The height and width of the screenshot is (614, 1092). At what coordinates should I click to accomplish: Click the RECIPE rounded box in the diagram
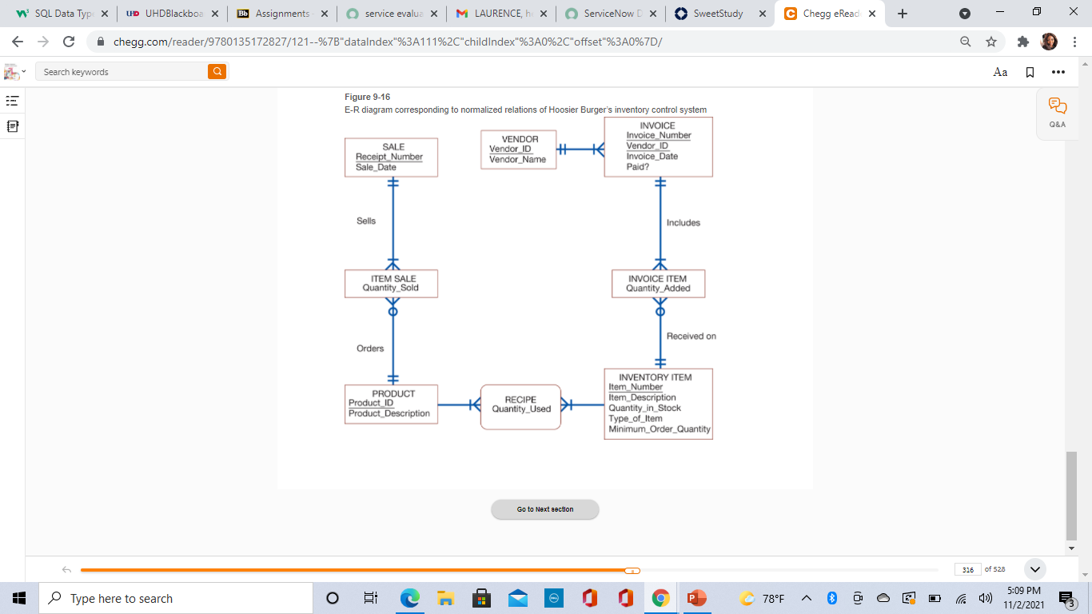[520, 407]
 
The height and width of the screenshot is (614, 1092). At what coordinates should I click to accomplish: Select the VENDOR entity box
[518, 150]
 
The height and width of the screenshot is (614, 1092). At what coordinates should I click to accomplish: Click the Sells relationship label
[366, 221]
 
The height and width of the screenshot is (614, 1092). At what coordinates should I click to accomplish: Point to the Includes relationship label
[683, 222]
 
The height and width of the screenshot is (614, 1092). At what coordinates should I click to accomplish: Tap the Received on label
[691, 336]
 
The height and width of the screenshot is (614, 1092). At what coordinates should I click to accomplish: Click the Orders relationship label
[370, 349]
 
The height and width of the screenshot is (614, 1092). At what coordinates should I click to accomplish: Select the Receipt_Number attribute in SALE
[389, 157]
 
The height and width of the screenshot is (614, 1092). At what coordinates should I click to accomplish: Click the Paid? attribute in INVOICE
[638, 167]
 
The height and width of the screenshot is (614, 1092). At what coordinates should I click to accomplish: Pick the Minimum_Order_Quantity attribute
[659, 429]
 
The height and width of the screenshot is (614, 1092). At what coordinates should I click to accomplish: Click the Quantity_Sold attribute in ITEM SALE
[390, 288]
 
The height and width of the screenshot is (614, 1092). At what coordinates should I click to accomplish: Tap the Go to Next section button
[545, 509]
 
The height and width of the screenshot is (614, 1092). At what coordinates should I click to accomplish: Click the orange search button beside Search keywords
[217, 72]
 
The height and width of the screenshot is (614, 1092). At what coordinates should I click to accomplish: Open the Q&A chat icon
[1058, 113]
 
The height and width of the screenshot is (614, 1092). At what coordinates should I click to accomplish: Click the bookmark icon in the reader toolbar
[1030, 72]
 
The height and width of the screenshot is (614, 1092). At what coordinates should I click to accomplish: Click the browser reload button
[69, 42]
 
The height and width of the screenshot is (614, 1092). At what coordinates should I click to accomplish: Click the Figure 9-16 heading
[367, 97]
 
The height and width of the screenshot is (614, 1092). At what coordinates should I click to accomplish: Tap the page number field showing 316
[967, 569]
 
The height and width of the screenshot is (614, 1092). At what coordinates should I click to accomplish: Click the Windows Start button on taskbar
[19, 598]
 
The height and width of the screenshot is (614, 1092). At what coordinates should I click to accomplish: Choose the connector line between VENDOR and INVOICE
[580, 150]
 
